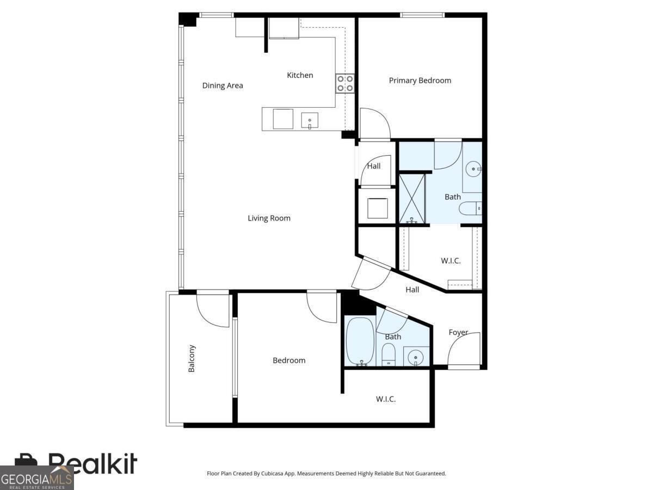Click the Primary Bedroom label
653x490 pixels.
point(420,81)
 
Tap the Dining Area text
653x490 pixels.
point(223,85)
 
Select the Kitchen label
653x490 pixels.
point(300,75)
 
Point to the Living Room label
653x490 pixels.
point(269,218)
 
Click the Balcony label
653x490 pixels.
point(192,358)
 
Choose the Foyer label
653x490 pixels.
point(458,332)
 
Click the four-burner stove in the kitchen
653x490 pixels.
point(345,83)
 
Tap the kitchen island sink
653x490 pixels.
point(310,120)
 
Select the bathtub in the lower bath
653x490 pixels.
point(360,341)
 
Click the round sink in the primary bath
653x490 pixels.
point(474,169)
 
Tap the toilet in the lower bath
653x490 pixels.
point(389,356)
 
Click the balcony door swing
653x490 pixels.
point(213,310)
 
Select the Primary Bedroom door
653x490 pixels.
point(375,124)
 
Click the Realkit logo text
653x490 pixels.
point(93,464)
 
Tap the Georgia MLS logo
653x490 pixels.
point(36,479)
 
